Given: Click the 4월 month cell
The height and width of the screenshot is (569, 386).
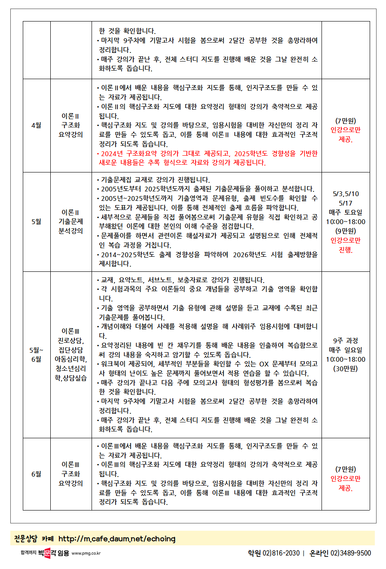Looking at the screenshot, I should (x=37, y=125).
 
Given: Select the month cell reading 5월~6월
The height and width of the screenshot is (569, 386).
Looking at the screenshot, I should (x=37, y=354).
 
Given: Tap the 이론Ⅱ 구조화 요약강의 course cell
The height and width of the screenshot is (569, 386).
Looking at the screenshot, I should (x=71, y=125).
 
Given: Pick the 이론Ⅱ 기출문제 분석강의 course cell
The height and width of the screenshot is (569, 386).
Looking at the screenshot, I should (x=71, y=221).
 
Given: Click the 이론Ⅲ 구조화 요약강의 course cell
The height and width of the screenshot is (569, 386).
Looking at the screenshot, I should (x=71, y=474).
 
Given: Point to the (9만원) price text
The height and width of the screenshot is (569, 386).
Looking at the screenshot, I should (x=346, y=231).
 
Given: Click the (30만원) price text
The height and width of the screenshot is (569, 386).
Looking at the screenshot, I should (x=346, y=369).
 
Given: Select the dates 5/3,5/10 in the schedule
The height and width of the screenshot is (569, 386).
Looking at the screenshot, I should (x=346, y=194).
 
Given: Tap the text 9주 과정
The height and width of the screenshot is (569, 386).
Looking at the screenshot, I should (x=346, y=341).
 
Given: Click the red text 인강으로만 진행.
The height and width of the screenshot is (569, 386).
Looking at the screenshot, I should (x=346, y=245).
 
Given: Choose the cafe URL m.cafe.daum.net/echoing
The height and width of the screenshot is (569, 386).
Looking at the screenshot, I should (x=117, y=539).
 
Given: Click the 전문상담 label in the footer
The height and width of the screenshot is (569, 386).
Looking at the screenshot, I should (x=26, y=539).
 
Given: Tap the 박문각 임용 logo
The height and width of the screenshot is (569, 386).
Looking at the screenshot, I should (x=53, y=553).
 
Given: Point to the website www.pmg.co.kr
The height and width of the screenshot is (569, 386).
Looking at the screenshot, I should (x=86, y=554).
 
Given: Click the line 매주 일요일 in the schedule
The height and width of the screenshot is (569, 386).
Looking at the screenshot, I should (x=346, y=350).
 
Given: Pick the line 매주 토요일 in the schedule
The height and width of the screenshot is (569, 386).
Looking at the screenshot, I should (x=346, y=212).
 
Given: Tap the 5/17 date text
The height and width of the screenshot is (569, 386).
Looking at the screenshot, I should (x=346, y=203).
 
